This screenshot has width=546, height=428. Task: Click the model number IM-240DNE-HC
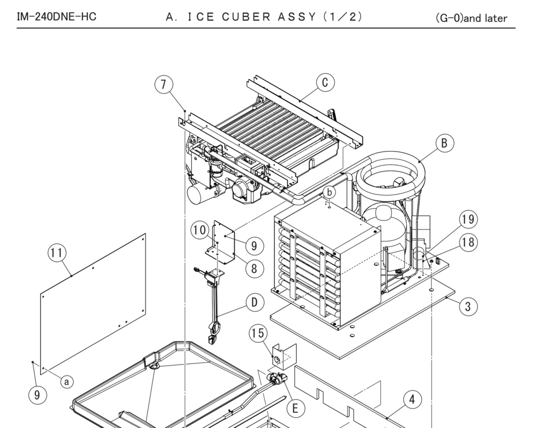click(x=56, y=17)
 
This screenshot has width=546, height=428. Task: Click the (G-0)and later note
click(x=471, y=18)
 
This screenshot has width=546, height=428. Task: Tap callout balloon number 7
click(x=163, y=85)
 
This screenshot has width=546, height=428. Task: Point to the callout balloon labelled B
click(x=444, y=143)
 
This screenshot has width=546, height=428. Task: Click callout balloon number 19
click(x=468, y=220)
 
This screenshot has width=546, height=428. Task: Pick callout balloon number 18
click(x=468, y=242)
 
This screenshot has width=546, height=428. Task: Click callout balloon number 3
click(x=468, y=306)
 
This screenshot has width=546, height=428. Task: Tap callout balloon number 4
click(x=412, y=400)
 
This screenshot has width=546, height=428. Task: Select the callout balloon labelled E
click(x=295, y=408)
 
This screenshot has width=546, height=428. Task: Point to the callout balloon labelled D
click(x=254, y=303)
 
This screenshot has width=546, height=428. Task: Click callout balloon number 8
click(x=254, y=269)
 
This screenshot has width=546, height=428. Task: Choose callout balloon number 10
click(x=200, y=230)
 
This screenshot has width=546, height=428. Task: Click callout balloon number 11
click(x=56, y=253)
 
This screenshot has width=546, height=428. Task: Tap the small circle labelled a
click(x=67, y=382)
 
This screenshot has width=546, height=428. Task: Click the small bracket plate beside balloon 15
click(x=283, y=357)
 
